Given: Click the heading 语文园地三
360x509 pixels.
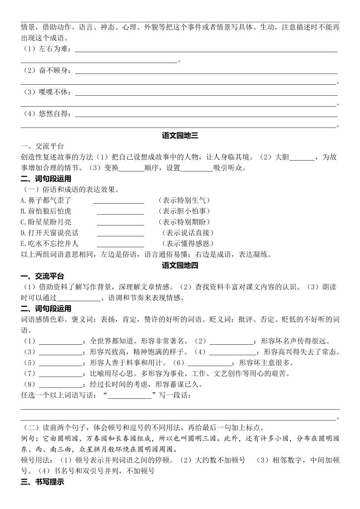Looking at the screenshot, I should pyautogui.click(x=180, y=135).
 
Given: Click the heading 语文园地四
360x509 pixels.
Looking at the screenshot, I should pyautogui.click(x=180, y=265).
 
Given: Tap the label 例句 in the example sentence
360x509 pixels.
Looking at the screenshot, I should pyautogui.click(x=29, y=439).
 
